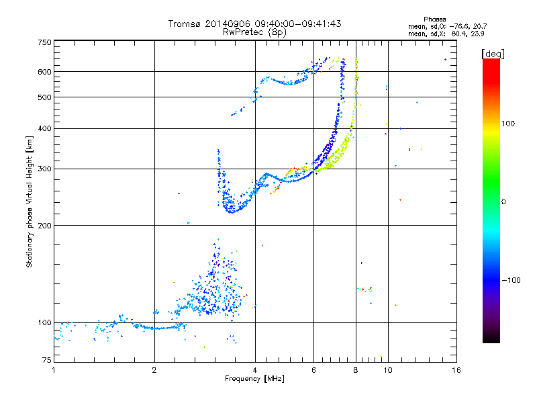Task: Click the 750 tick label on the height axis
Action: [x=44, y=42]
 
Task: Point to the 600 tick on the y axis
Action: [x=44, y=72]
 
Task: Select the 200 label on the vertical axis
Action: [x=44, y=226]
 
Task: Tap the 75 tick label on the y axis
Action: [x=46, y=360]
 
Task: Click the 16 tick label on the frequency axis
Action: [x=456, y=370]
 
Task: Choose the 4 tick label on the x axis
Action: [x=255, y=370]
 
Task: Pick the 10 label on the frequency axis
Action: [x=388, y=370]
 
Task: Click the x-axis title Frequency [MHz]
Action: [x=254, y=379]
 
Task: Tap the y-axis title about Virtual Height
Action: [x=29, y=201]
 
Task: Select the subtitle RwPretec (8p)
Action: [x=254, y=32]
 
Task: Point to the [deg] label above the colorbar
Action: [x=493, y=54]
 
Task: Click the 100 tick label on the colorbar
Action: [x=508, y=124]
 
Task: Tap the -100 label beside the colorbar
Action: [x=511, y=280]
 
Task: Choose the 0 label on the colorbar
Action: [x=503, y=202]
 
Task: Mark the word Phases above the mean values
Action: [x=434, y=19]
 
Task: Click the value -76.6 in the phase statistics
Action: [x=460, y=26]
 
